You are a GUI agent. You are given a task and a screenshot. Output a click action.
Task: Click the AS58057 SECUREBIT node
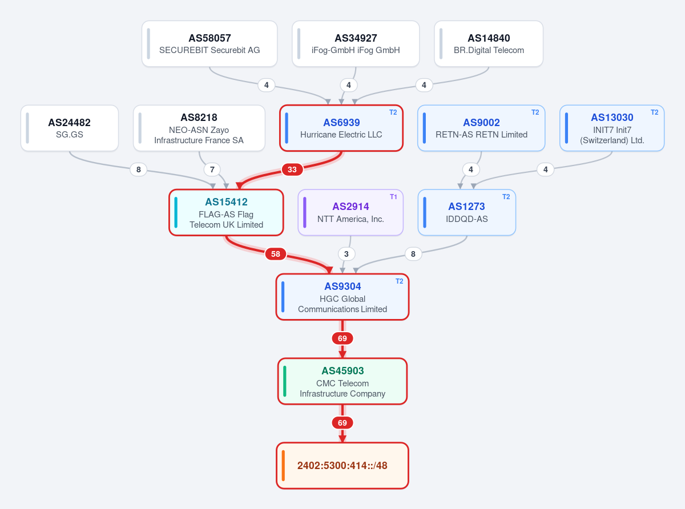pos(209,43)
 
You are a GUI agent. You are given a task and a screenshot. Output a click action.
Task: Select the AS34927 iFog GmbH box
pos(356,43)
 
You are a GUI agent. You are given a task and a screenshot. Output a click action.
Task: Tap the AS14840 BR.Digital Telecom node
pos(489,43)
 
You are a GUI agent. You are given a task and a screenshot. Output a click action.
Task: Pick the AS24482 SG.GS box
pos(70,128)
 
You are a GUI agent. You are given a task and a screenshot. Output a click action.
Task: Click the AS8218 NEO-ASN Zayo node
pos(199,128)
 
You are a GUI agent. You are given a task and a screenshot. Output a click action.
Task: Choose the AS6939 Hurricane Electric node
pos(341,128)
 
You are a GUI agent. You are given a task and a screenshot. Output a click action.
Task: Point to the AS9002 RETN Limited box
pos(481,128)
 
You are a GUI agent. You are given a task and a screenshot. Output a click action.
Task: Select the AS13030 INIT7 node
pos(612,128)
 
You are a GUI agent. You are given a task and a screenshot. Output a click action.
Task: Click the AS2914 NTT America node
pos(350,212)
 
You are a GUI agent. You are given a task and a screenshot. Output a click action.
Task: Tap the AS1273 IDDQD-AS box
pos(466,212)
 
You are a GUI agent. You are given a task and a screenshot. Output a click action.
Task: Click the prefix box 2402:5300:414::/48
pos(342,466)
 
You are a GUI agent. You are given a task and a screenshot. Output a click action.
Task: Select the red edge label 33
pos(292,169)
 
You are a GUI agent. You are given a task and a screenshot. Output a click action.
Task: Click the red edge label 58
pos(276,254)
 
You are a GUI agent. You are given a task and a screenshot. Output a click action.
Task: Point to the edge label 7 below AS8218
pos(212,169)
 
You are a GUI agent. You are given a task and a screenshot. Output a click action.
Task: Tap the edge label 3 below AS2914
pos(346,254)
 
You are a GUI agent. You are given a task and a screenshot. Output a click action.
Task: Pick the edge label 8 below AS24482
pos(138,169)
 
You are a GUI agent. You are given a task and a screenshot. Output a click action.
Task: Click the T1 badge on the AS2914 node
pos(393,197)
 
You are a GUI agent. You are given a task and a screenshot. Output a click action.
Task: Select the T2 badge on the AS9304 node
pos(400,281)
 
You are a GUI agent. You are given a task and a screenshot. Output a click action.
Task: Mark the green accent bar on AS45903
pos(284,381)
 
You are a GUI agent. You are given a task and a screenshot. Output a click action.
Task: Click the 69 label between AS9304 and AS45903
pos(342,338)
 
